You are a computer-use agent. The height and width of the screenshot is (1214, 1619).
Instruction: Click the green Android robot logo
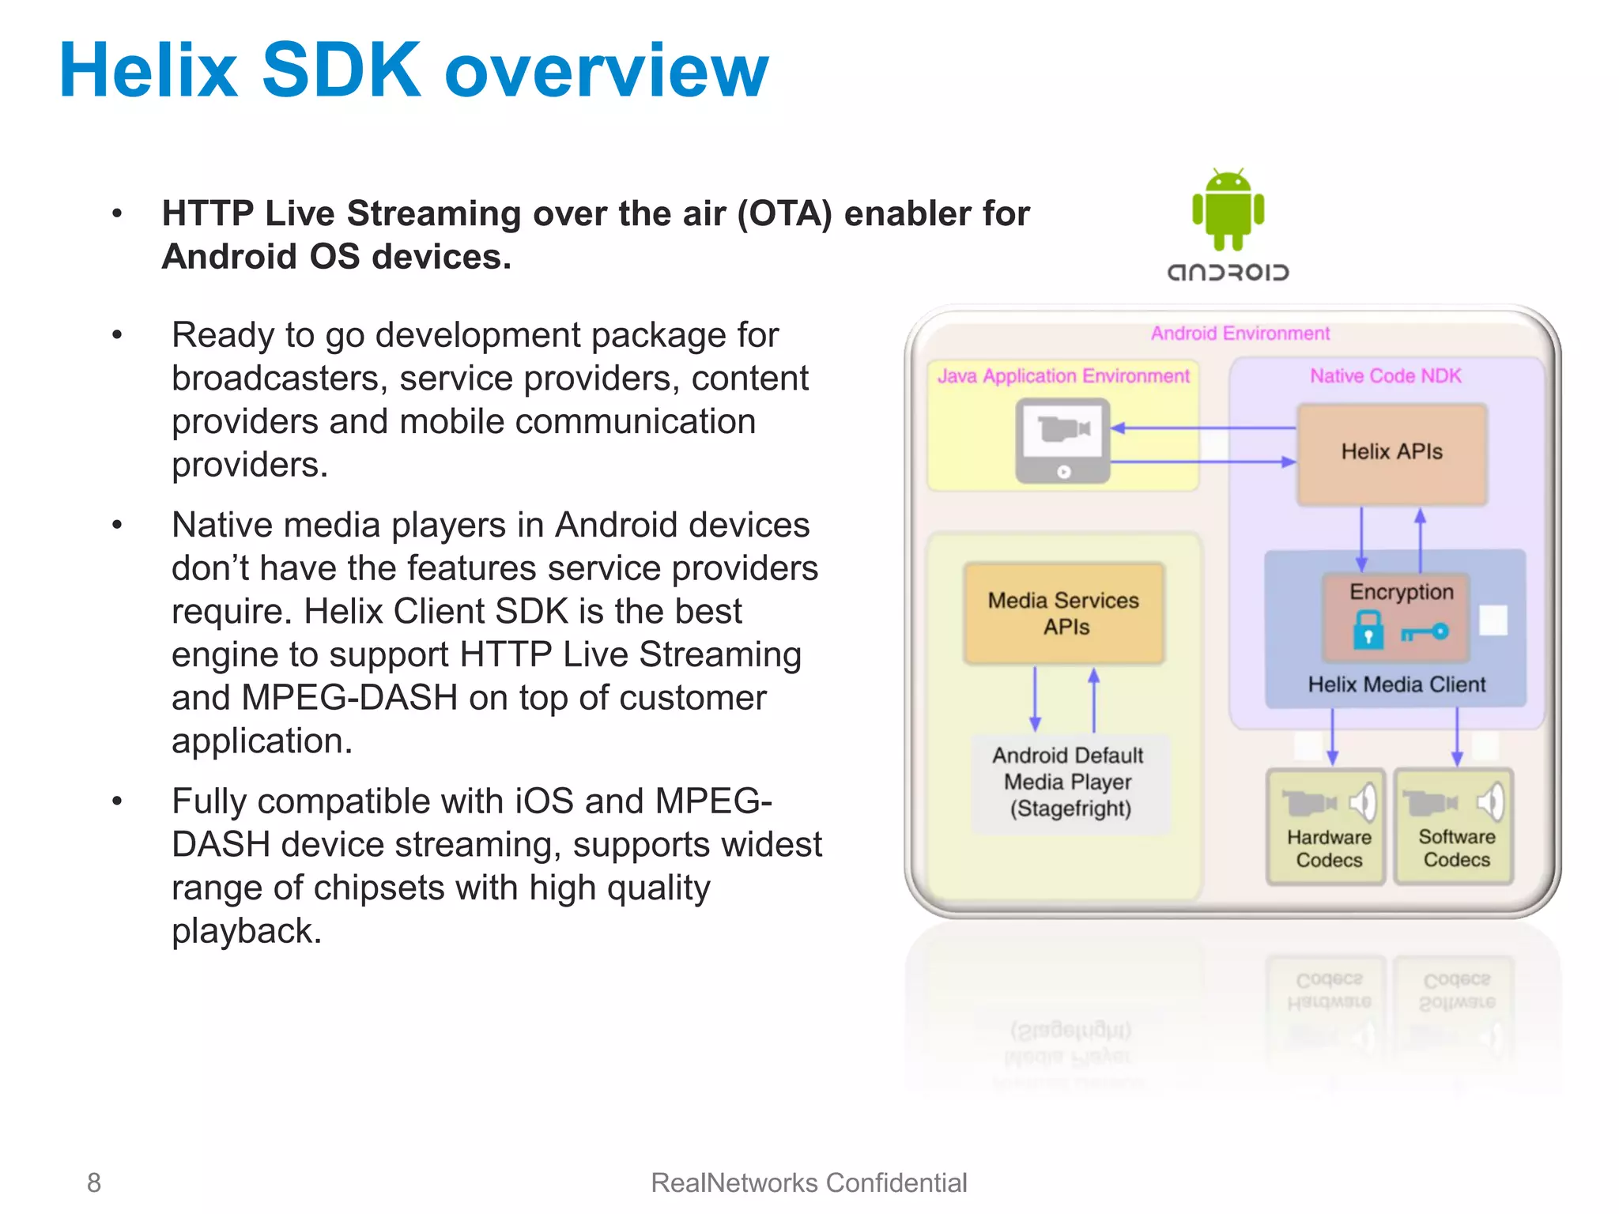click(x=1228, y=210)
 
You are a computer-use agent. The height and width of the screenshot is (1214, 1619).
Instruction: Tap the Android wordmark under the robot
click(x=1228, y=273)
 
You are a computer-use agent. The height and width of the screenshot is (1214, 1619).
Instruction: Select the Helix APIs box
click(x=1391, y=452)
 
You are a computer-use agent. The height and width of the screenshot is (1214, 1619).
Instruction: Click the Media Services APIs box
click(x=1064, y=613)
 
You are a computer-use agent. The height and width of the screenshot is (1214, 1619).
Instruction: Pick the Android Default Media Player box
click(x=1069, y=782)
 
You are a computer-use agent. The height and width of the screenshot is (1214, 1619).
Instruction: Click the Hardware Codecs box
click(x=1327, y=827)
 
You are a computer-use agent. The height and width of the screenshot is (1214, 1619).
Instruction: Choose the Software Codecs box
click(x=1455, y=827)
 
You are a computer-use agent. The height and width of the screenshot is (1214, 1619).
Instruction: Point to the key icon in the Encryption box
click(x=1425, y=632)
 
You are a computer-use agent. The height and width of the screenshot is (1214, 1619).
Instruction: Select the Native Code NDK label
click(x=1385, y=376)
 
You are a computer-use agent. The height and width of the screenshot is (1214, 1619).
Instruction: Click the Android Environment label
click(x=1240, y=334)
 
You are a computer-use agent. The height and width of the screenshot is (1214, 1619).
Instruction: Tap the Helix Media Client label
click(x=1396, y=684)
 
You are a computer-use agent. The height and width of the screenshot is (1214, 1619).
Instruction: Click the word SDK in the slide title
click(x=341, y=71)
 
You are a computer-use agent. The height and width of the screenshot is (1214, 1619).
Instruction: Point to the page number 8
click(x=94, y=1182)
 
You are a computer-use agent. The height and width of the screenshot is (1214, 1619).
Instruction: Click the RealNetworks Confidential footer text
click(x=809, y=1182)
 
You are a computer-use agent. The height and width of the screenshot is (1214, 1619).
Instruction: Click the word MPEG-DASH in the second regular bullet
click(x=349, y=698)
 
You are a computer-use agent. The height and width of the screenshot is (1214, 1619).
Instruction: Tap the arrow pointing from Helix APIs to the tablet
click(x=1202, y=428)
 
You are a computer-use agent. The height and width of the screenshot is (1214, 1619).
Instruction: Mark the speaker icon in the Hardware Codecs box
click(x=1363, y=802)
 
